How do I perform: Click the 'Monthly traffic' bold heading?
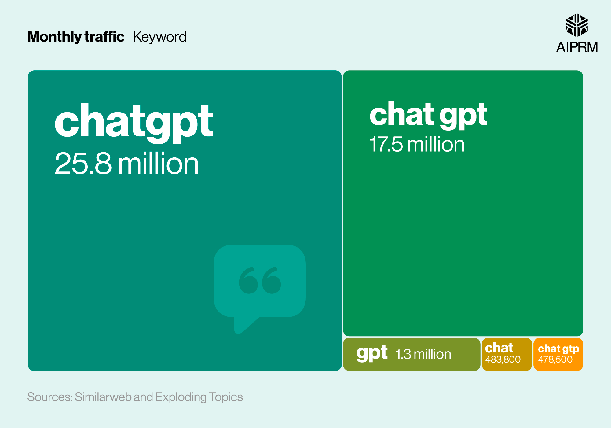(76, 37)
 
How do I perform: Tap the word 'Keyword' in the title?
(159, 37)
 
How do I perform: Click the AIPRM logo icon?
(576, 25)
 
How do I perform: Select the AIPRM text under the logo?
(577, 47)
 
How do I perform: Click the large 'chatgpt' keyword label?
(134, 121)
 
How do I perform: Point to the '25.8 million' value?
(126, 164)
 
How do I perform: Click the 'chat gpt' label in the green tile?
(428, 114)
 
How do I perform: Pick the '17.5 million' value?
(417, 144)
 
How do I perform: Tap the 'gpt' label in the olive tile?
(372, 353)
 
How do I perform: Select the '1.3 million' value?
(423, 354)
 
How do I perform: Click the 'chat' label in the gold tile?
(499, 348)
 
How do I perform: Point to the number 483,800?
(503, 360)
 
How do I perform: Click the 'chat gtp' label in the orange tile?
(558, 349)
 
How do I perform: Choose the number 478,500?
(555, 360)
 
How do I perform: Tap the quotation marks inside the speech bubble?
(260, 281)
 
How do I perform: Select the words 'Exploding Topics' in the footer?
(199, 397)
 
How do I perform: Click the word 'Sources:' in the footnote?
(50, 397)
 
